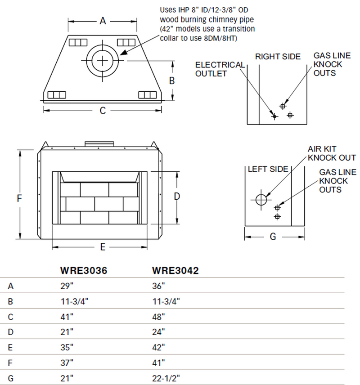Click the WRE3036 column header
tap(83, 271)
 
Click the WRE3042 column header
tap(175, 271)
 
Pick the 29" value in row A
tap(66, 286)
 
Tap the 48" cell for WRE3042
tap(158, 317)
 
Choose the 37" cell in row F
tap(66, 363)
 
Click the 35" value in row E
tap(66, 347)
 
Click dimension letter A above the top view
tap(103, 21)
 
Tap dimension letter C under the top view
tap(103, 110)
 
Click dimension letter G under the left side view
tap(273, 237)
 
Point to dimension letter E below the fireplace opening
tap(103, 246)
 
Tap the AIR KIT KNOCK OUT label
tap(332, 153)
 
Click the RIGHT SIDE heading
tap(278, 57)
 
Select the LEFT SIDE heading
tap(268, 169)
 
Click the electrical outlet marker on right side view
tap(274, 116)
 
